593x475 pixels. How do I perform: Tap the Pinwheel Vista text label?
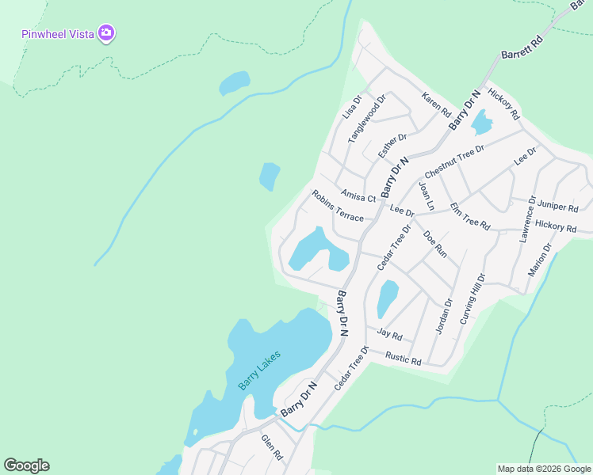pyautogui.click(x=58, y=34)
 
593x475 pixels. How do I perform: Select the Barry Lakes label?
pyautogui.click(x=259, y=370)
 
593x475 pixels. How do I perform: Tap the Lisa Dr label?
pyautogui.click(x=351, y=106)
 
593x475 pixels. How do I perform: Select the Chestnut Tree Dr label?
pyautogui.click(x=454, y=161)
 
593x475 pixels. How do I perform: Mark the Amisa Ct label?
pyautogui.click(x=358, y=196)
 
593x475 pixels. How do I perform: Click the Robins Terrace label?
pyautogui.click(x=338, y=206)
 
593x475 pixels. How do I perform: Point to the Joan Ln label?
pyautogui.click(x=427, y=196)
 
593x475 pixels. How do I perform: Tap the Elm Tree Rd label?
pyautogui.click(x=470, y=216)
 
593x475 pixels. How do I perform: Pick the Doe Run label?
pyautogui.click(x=435, y=243)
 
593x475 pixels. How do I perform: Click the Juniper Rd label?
pyautogui.click(x=557, y=206)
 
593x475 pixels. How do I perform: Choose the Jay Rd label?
pyautogui.click(x=390, y=334)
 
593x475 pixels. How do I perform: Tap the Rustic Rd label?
pyautogui.click(x=403, y=359)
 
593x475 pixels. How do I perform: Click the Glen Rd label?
pyautogui.click(x=272, y=447)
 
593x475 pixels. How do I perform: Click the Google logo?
pyautogui.click(x=26, y=465)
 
